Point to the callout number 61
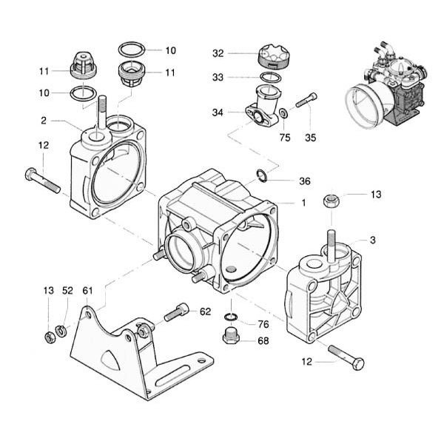(87, 289)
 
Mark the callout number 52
(68, 289)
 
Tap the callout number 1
(303, 203)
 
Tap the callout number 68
(263, 340)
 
